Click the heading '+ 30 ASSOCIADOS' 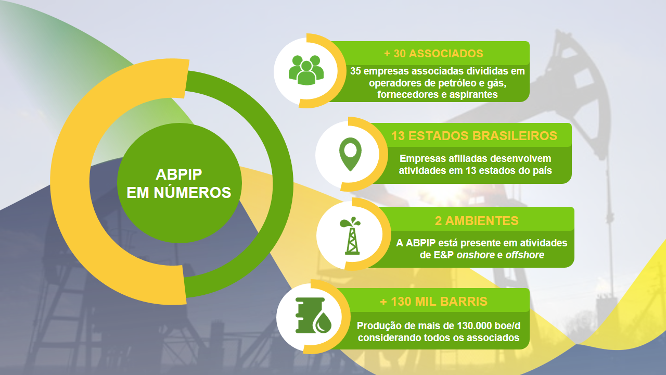(x=433, y=54)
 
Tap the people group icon (x=306, y=70)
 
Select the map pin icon (x=350, y=154)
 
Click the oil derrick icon (x=351, y=236)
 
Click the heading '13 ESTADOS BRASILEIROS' (x=474, y=136)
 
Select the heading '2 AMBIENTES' (x=477, y=221)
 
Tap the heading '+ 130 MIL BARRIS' (x=434, y=302)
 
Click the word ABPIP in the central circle (x=178, y=174)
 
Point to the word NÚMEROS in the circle (x=193, y=193)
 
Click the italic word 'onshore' (x=476, y=255)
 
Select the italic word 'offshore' (x=525, y=255)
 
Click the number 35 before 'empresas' (x=355, y=71)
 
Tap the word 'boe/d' (x=507, y=326)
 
